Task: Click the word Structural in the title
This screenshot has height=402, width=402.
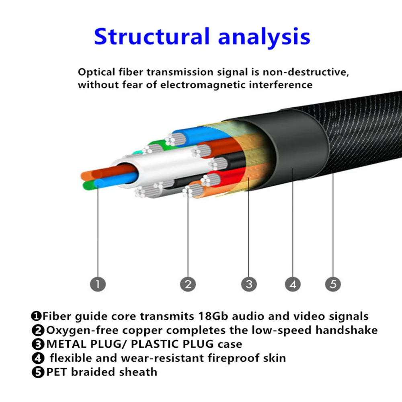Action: click(x=152, y=37)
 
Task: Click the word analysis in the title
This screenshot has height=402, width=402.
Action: click(x=264, y=37)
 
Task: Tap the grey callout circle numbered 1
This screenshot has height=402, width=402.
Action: click(x=98, y=284)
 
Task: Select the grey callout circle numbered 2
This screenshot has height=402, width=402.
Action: click(x=188, y=284)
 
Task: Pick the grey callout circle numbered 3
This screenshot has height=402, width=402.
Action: click(x=249, y=284)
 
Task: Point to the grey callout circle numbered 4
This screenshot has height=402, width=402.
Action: click(x=293, y=284)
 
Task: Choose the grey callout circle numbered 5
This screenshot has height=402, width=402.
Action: click(x=333, y=284)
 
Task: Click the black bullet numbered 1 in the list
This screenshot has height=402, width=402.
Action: click(x=36, y=316)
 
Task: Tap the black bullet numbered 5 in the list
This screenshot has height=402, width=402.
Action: click(x=38, y=372)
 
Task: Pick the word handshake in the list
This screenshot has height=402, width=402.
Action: click(x=347, y=330)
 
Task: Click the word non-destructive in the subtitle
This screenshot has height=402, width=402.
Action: click(x=306, y=72)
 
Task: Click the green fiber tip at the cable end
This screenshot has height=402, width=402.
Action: click(x=88, y=185)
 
